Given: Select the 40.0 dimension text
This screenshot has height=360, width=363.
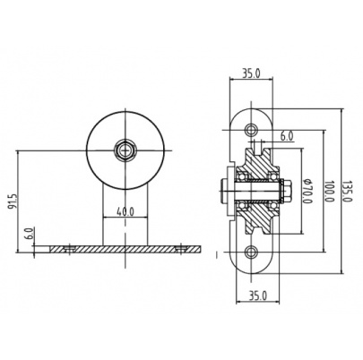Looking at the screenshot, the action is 125,211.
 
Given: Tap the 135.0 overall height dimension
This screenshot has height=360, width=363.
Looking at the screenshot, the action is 348,192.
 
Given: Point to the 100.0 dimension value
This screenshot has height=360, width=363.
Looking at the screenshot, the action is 329,191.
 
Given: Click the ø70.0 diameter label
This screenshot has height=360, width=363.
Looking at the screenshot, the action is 307,192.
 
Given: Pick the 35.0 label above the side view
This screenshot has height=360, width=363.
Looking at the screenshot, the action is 251,73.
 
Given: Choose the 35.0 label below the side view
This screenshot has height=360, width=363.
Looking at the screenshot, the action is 258,296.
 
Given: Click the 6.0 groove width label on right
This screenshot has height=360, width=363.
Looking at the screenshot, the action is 287,136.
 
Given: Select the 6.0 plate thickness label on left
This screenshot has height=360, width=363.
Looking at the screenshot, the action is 30,234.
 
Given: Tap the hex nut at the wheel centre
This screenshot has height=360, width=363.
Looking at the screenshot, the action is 125,150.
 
